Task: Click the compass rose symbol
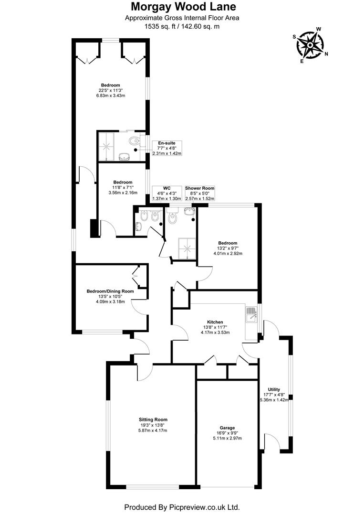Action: click(x=310, y=45)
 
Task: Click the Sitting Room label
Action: click(x=154, y=419)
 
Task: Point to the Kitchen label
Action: click(x=215, y=322)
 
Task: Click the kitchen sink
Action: click(x=251, y=314)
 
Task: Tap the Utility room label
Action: click(x=274, y=389)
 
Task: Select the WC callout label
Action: click(x=166, y=188)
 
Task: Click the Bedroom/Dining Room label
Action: click(x=110, y=291)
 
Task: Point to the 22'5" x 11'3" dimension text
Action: click(x=110, y=90)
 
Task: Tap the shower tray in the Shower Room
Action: click(x=184, y=247)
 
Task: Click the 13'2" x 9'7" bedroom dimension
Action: click(x=228, y=248)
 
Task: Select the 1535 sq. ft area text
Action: click(x=162, y=27)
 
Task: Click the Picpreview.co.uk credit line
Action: click(x=182, y=507)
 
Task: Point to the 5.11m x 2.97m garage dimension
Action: click(x=227, y=439)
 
